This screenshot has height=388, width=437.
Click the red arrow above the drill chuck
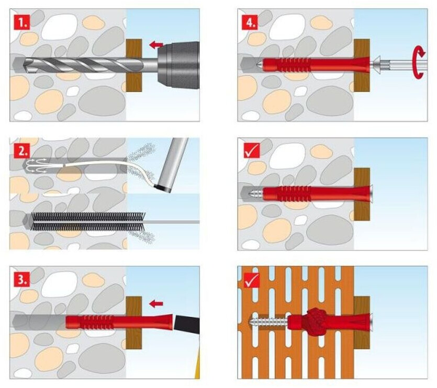[x=155, y=45]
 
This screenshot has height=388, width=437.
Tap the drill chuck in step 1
[x=178, y=65]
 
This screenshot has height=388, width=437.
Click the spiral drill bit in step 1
[x=79, y=64]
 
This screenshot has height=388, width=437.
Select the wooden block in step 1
[x=134, y=65]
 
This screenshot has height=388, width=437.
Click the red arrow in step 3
[x=155, y=303]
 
